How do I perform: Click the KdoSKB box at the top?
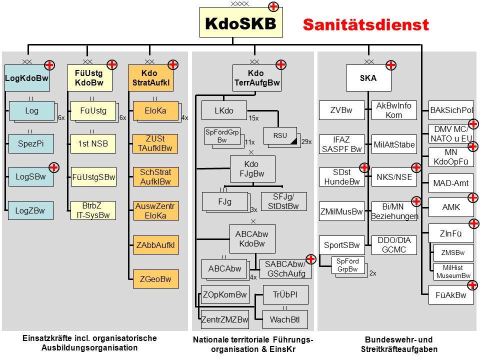pos(240,23)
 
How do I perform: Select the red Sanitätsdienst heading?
pos(366,24)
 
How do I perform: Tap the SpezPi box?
pos(31,144)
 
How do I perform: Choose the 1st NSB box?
pos(93,144)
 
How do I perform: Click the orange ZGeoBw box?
pos(155,279)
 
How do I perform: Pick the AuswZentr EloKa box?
pos(155,210)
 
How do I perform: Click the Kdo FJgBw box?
pos(252,168)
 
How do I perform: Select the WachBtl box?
pos(285,318)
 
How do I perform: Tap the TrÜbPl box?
pos(285,295)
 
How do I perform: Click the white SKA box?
pos(368,78)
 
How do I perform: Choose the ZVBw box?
pos(341,110)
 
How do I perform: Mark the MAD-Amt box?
pos(450,183)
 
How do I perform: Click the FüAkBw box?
pos(450,295)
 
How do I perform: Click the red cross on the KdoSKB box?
pos(274,7)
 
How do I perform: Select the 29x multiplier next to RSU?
pos(306,142)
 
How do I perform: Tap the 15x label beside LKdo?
pos(253,118)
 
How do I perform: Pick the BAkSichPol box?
pos(451,110)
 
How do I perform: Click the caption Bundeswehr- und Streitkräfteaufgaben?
pos(398,343)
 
